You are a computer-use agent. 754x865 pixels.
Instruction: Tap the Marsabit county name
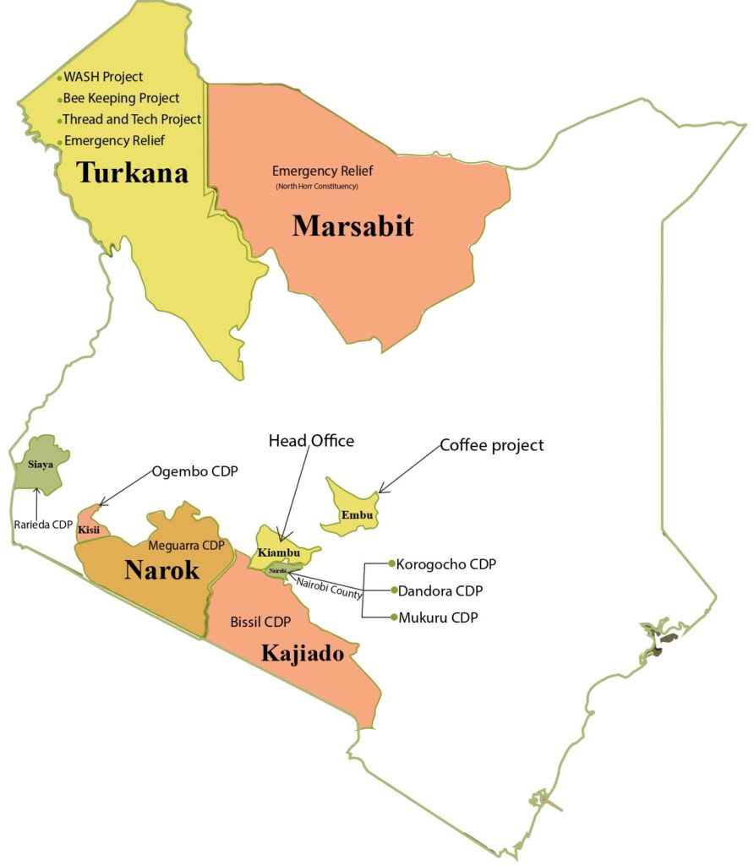tap(352, 226)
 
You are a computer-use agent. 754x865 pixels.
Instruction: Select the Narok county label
tap(161, 570)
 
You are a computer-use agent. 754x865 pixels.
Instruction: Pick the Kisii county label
tap(89, 530)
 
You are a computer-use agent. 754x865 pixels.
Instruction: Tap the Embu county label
tap(354, 514)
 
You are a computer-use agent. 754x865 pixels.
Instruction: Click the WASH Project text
tap(103, 77)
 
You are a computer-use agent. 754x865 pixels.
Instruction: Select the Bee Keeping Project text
tap(122, 98)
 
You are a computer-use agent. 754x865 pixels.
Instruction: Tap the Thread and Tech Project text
tap(132, 119)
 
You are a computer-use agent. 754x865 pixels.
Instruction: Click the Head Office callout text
tap(311, 441)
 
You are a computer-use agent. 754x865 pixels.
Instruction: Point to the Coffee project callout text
tap(491, 445)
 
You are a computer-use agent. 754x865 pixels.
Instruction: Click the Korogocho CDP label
tap(445, 563)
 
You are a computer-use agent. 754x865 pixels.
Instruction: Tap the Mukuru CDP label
tap(437, 617)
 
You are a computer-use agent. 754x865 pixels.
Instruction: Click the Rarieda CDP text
tap(43, 524)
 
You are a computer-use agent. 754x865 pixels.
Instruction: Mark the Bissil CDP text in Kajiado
tap(260, 622)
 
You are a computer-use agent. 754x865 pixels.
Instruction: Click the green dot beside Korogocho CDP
tap(391, 563)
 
